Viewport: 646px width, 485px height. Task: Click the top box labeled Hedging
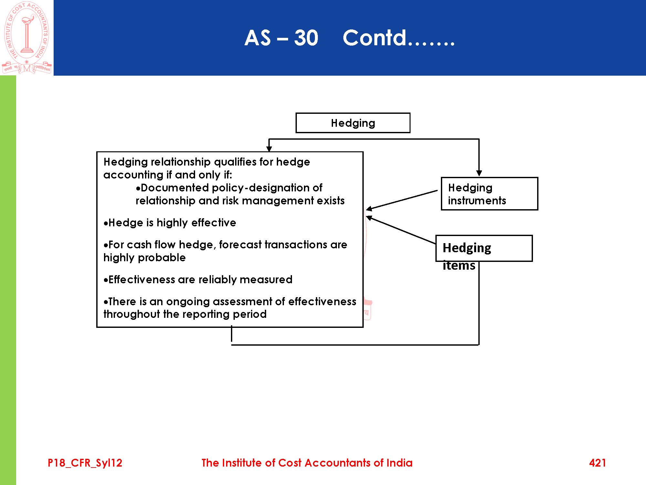[353, 123]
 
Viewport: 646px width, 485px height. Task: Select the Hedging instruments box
[489, 194]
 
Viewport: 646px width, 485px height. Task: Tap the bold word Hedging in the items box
[467, 248]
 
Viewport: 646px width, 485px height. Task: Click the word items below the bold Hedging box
[459, 265]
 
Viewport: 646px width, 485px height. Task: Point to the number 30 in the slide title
[306, 38]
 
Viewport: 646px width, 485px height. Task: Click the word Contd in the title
[374, 38]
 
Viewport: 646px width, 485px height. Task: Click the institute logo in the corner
[27, 38]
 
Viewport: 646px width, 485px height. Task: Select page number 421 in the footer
[597, 463]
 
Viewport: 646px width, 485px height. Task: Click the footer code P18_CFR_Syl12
[85, 463]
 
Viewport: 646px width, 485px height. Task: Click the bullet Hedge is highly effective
[170, 222]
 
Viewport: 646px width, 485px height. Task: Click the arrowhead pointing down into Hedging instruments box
[479, 173]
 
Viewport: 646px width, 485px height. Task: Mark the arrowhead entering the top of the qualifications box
[269, 149]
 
